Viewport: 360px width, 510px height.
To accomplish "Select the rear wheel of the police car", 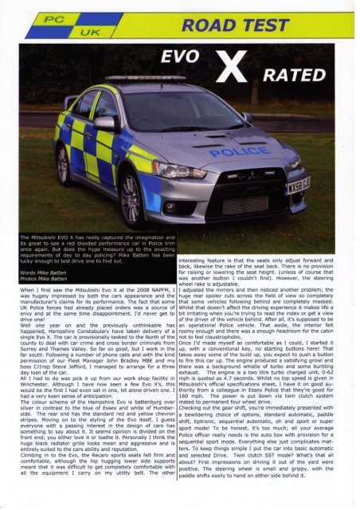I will coord(61,163).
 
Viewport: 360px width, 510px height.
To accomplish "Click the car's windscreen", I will coord(180,111).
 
